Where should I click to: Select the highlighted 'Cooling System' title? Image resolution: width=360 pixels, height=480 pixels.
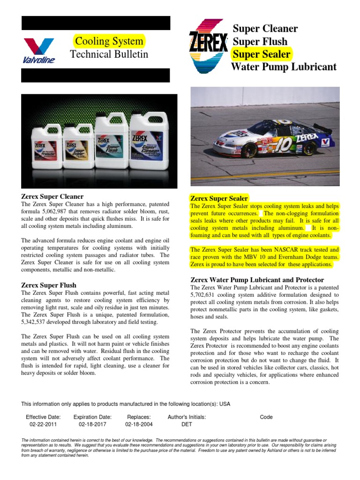(x=109, y=41)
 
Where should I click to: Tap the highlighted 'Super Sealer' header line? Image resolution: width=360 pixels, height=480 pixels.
(x=262, y=54)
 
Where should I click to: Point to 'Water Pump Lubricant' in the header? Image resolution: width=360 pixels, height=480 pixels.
(x=284, y=67)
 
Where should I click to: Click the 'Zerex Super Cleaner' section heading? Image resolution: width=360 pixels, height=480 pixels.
(x=52, y=196)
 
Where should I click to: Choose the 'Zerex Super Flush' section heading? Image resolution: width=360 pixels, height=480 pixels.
(x=49, y=285)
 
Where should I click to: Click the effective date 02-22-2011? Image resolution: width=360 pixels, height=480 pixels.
(x=44, y=424)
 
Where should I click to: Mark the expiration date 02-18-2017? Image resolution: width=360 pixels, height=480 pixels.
(x=92, y=424)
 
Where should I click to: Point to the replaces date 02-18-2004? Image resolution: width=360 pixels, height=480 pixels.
(x=139, y=424)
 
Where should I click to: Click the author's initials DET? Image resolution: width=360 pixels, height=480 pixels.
(x=187, y=424)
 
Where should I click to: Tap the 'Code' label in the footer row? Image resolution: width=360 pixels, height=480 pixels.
(x=266, y=417)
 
